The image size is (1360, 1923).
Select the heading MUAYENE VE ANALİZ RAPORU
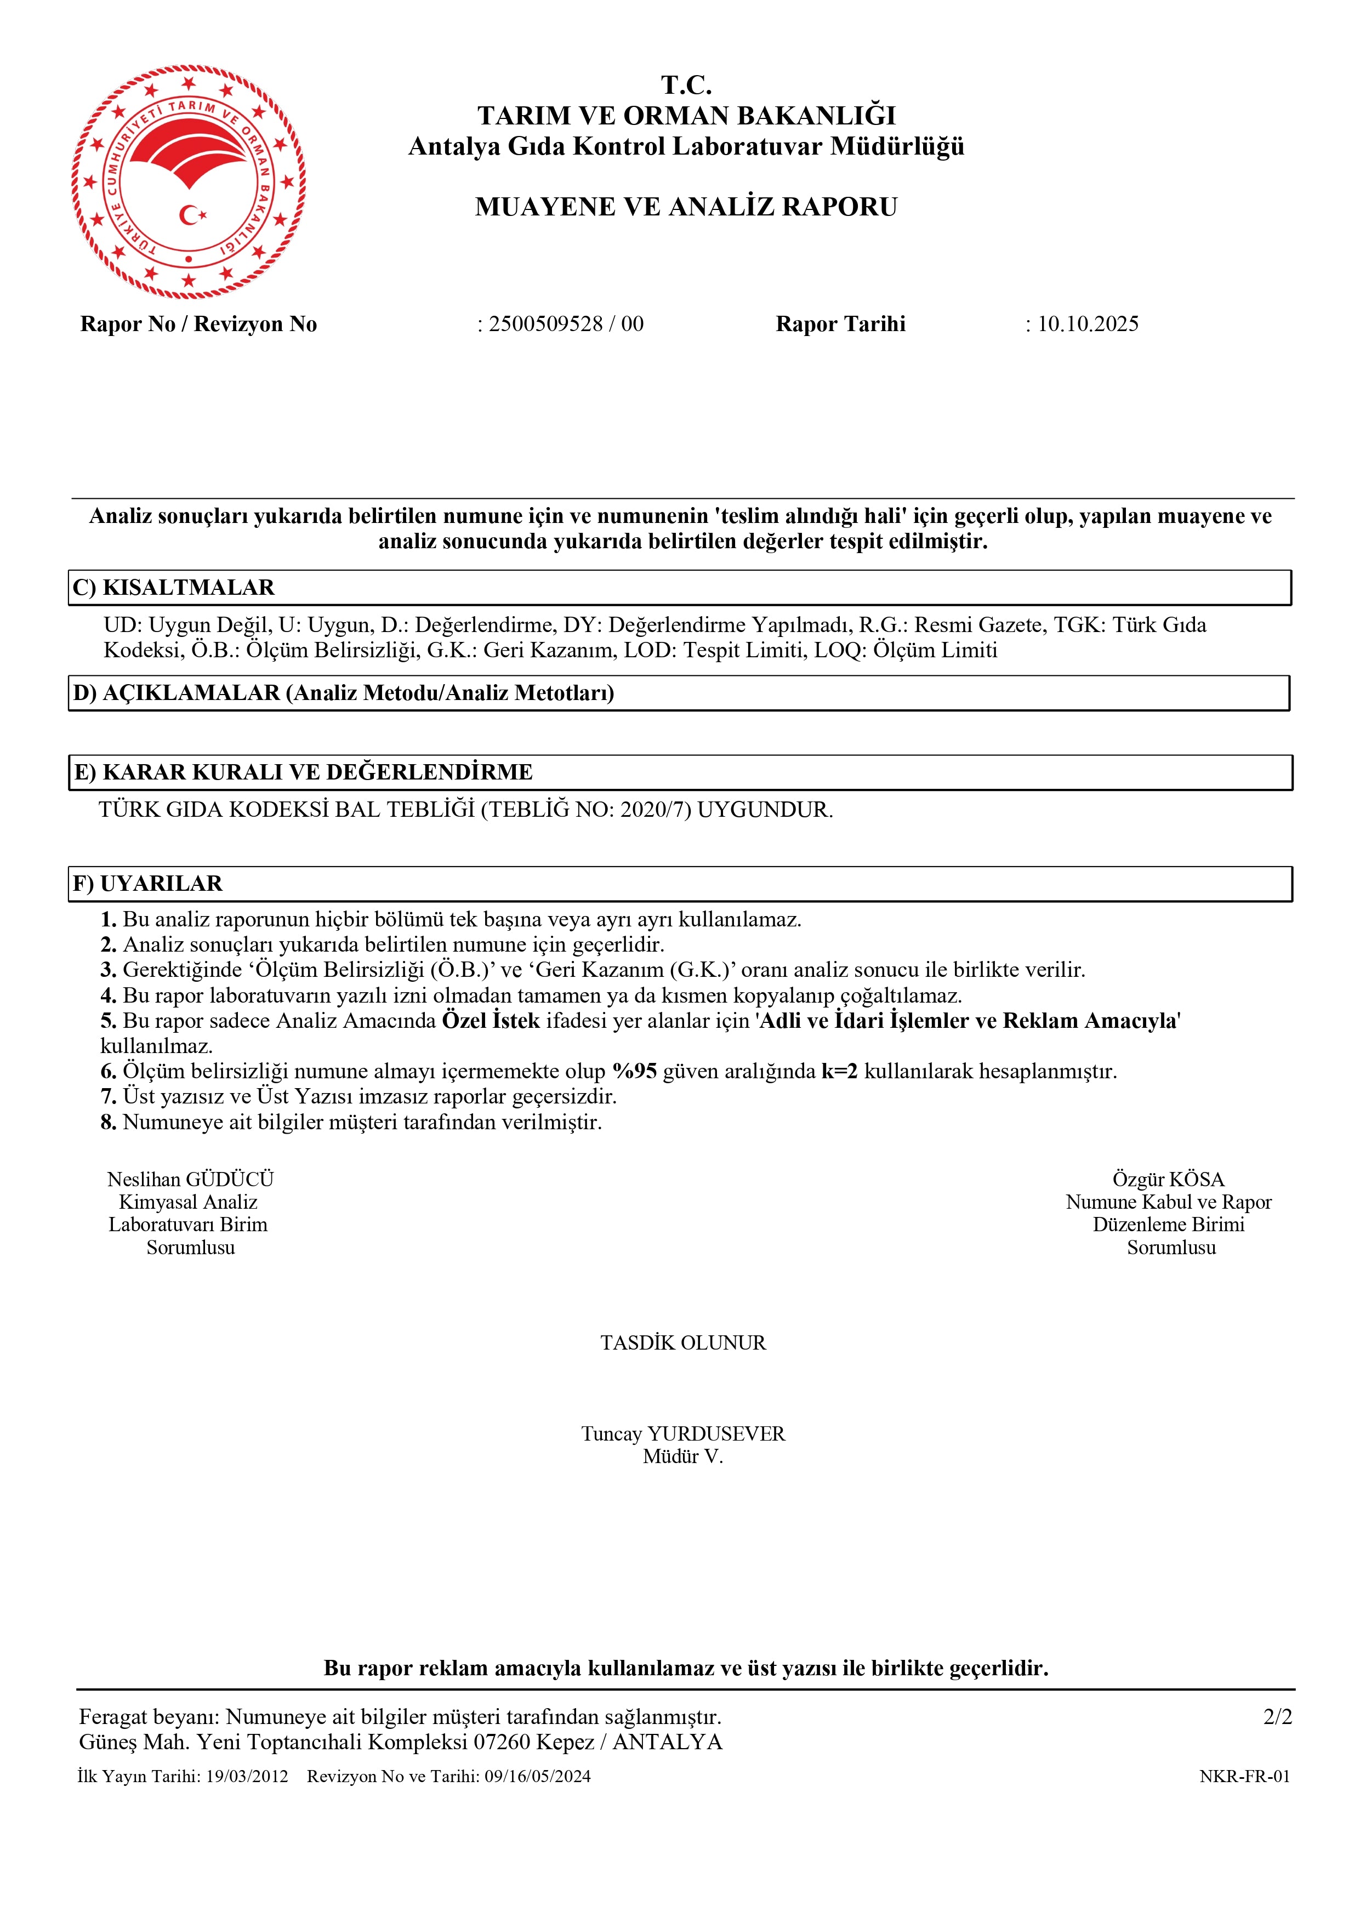click(x=686, y=207)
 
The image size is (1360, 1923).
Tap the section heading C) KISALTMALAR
click(x=173, y=588)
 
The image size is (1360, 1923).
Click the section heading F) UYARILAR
click(x=147, y=884)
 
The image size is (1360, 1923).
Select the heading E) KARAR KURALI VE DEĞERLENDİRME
click(x=303, y=772)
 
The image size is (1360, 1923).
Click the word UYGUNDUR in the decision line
click(x=765, y=810)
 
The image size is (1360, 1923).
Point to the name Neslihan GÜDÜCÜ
click(x=190, y=1179)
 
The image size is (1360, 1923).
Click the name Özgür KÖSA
click(x=1168, y=1179)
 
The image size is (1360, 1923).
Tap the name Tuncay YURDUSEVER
click(x=682, y=1434)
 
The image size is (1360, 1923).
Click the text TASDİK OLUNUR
click(x=682, y=1342)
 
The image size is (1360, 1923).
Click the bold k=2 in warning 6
click(x=839, y=1071)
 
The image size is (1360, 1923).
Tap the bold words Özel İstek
click(x=491, y=1021)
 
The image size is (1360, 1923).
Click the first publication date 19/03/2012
click(x=247, y=1777)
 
